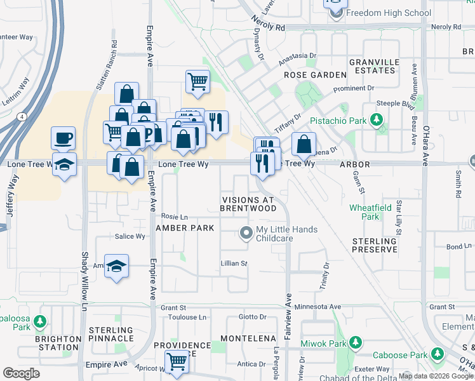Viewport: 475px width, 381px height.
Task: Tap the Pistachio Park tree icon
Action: pos(377,120)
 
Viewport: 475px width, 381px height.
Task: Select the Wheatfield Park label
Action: pos(365,212)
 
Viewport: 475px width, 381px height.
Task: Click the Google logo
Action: pos(22,373)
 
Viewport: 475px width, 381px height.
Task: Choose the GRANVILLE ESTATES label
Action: pos(375,66)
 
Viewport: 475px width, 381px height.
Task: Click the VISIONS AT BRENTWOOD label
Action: pos(248,203)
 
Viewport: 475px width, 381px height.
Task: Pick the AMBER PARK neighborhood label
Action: pos(182,227)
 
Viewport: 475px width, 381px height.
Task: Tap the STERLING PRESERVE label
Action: pos(375,246)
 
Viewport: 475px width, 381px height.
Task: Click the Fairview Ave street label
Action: pos(288,316)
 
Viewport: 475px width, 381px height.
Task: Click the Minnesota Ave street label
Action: pos(315,305)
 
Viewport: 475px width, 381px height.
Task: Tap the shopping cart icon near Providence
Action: pos(177,361)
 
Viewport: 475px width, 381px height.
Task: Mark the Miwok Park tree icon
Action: pos(356,343)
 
